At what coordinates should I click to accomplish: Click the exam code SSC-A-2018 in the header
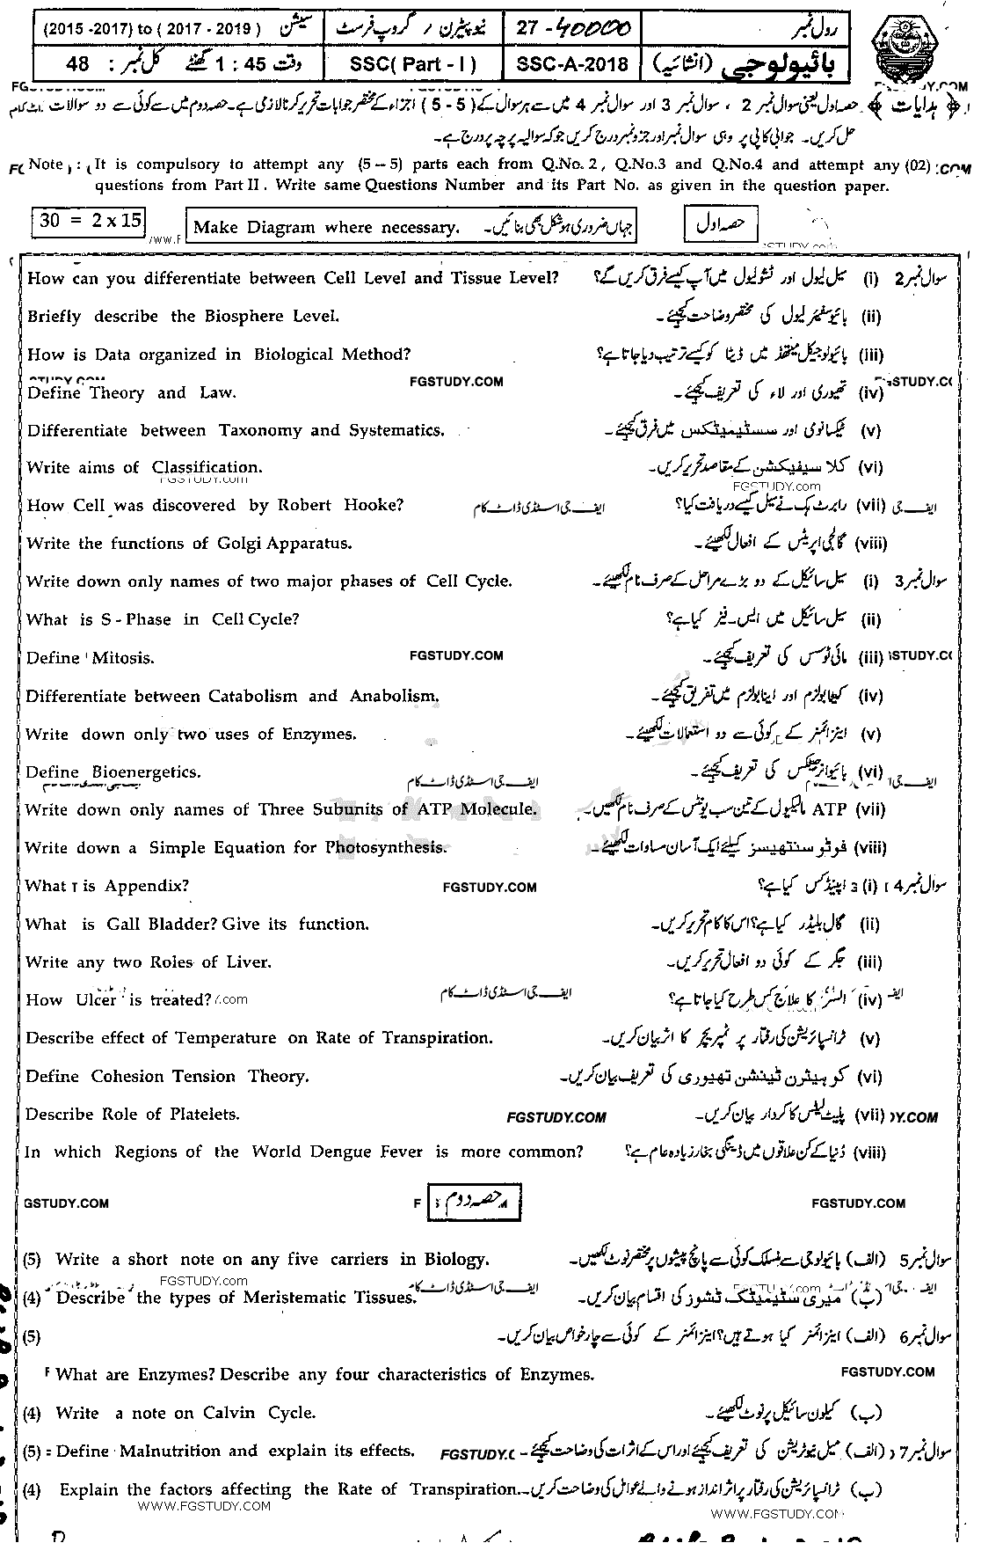pos(572,64)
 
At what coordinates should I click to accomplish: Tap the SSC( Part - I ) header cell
pos(411,64)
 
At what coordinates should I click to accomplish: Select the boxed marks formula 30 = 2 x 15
pos(90,221)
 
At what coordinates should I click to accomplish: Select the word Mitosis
pos(122,657)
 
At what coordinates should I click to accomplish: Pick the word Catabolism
pos(253,696)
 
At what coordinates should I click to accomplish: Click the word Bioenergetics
pos(147,771)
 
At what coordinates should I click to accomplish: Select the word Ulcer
pos(96,999)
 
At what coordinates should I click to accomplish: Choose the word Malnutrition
pos(188,1451)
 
